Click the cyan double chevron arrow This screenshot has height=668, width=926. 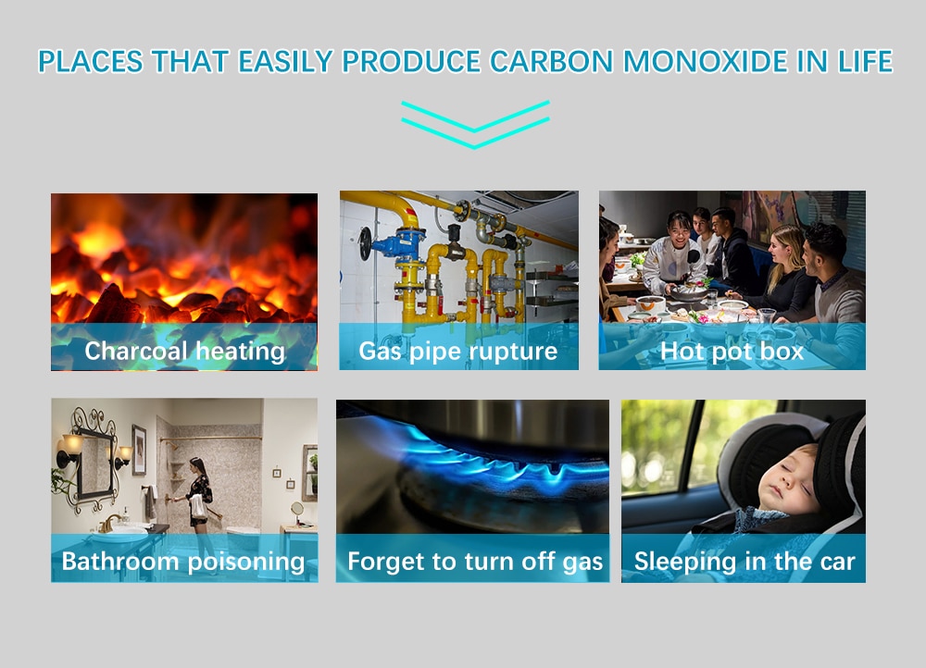[x=475, y=125]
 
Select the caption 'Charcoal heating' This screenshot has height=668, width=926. [x=185, y=351]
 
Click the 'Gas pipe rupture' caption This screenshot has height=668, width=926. [x=458, y=352]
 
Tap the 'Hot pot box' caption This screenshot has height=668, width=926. [x=732, y=352]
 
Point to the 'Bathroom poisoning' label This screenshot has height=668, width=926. [x=183, y=562]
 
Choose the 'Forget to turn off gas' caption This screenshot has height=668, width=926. [x=475, y=562]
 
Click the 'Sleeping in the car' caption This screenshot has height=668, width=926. [x=745, y=562]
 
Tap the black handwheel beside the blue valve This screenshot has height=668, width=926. [x=365, y=242]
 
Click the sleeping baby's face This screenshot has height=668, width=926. [x=788, y=478]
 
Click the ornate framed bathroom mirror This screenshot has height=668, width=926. [x=94, y=460]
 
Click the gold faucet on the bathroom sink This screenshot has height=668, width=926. [x=110, y=522]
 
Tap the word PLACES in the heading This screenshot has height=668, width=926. [x=91, y=61]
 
